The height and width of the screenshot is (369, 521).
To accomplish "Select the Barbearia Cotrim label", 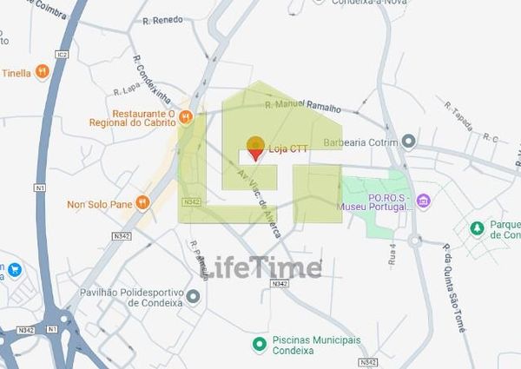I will click(359, 142).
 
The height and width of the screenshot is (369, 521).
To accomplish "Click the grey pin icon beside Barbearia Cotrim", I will click(408, 142).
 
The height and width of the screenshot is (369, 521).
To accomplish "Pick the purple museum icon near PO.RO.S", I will click(424, 201).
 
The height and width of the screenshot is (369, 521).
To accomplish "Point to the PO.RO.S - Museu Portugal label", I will click(378, 201).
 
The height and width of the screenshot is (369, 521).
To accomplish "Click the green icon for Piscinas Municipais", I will click(259, 345).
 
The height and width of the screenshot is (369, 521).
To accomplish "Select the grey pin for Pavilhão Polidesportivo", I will click(193, 296).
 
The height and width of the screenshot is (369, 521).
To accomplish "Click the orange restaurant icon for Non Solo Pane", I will click(142, 203).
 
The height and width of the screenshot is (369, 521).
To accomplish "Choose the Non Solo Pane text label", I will click(99, 204).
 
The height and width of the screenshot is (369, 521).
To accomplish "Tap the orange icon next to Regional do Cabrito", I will click(185, 116).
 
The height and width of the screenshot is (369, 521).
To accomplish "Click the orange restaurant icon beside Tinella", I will click(41, 73).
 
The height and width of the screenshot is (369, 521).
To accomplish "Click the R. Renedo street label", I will click(162, 20).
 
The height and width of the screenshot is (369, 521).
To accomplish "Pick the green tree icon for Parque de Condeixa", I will click(476, 228).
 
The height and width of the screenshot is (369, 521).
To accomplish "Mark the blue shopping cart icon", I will click(15, 269).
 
